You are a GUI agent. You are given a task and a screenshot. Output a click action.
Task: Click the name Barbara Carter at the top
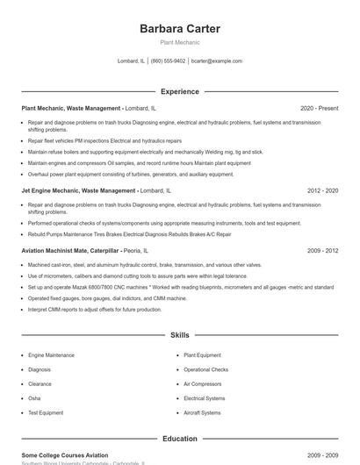click(x=179, y=29)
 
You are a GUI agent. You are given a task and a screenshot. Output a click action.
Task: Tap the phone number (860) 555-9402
click(x=168, y=61)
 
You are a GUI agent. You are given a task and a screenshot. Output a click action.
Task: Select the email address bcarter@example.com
click(x=216, y=61)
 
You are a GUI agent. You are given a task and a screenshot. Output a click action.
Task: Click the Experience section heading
click(x=179, y=91)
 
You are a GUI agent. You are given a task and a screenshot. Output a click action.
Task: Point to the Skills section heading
click(x=179, y=336)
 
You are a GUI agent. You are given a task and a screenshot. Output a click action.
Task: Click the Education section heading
click(x=179, y=439)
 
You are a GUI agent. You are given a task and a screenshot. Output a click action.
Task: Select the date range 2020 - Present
click(x=319, y=108)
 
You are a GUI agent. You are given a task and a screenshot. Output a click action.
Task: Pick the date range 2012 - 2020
click(x=322, y=190)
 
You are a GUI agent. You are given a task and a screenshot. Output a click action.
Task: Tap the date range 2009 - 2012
click(x=322, y=250)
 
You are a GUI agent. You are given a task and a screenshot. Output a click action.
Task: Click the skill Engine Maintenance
click(x=51, y=355)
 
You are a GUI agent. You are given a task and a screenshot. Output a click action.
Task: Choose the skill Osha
click(x=34, y=398)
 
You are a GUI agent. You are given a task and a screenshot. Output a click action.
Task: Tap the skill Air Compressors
click(x=202, y=384)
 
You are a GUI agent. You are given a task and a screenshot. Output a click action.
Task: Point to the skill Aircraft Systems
click(x=201, y=412)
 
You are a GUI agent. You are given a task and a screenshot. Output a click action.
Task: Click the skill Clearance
click(x=40, y=384)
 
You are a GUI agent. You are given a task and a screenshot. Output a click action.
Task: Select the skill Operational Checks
click(x=205, y=369)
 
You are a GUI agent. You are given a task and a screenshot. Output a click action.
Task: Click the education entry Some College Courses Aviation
click(x=65, y=455)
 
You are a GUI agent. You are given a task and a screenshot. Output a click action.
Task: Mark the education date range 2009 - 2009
click(x=322, y=455)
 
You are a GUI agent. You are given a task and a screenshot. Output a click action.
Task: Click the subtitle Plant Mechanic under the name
click(x=179, y=42)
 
